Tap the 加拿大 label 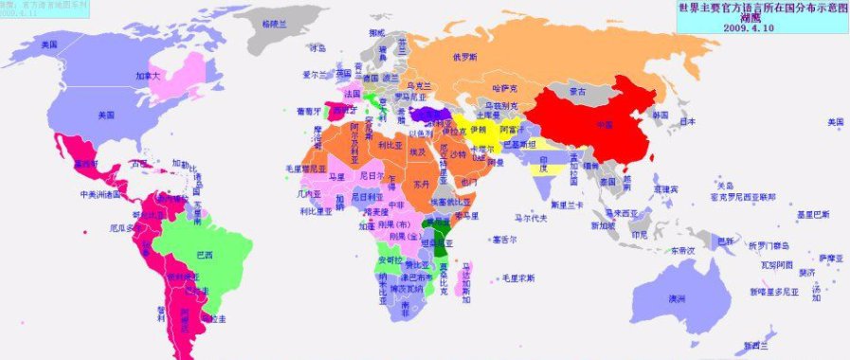tap(148, 75)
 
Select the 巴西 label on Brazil tap(204, 255)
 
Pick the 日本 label tap(689, 121)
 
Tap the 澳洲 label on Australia tap(678, 299)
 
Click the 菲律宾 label tap(665, 189)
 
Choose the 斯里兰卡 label tap(566, 205)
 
